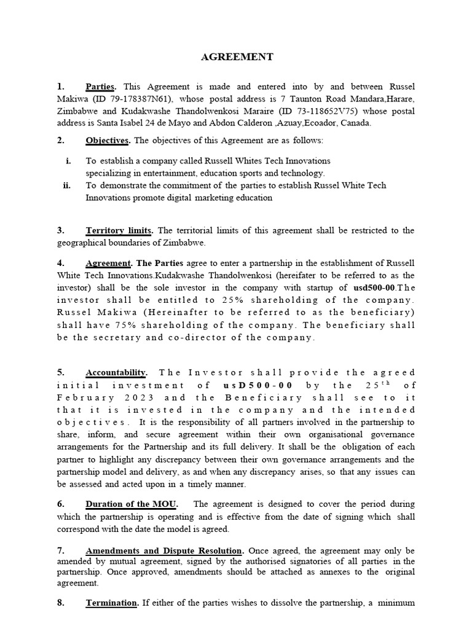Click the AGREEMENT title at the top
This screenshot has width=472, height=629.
(237, 57)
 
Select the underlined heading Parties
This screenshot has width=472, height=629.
(101, 87)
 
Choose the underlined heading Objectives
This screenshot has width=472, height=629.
(107, 141)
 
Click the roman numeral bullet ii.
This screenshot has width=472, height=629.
(67, 186)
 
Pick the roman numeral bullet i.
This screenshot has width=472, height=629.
(68, 161)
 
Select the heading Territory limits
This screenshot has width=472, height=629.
(119, 231)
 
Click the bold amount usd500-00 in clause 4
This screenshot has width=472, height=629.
(376, 288)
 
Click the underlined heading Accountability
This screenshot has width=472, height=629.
(116, 373)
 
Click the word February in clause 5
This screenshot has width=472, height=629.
(77, 397)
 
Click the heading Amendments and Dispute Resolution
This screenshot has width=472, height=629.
(165, 550)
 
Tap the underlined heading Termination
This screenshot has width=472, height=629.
(112, 603)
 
